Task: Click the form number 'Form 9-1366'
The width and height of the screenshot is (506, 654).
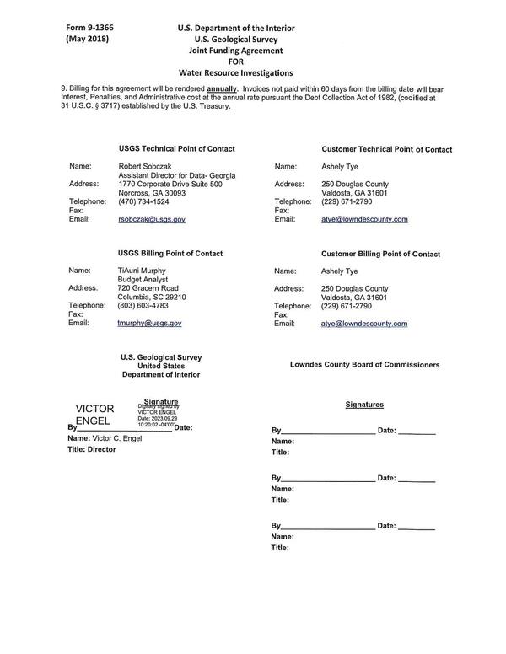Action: (89, 28)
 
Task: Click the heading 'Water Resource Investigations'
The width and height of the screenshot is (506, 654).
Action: (236, 73)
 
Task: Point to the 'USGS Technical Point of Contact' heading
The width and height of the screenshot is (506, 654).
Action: (176, 148)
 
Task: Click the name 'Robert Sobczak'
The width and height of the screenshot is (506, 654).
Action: (148, 166)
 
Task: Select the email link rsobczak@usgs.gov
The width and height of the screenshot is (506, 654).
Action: (152, 219)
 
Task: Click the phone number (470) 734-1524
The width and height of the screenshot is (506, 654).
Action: (143, 201)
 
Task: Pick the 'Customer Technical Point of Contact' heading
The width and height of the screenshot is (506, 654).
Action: (386, 149)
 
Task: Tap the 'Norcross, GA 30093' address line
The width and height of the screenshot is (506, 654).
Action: (152, 192)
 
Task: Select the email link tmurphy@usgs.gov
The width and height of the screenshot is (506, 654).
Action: (149, 323)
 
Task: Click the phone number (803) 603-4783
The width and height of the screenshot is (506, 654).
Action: (143, 305)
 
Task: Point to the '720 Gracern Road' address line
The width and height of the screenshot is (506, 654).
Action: (148, 288)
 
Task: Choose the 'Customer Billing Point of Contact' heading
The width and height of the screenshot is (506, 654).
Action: (380, 254)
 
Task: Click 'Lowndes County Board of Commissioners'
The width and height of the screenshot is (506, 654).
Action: (364, 365)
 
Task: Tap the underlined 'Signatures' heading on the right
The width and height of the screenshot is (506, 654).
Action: (364, 405)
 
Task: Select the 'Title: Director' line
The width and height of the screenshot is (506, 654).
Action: (92, 449)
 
